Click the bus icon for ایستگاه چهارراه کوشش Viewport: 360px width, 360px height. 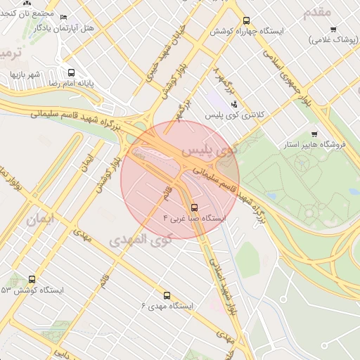pos(245,20)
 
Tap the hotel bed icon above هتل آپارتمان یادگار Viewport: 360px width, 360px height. pos(64,18)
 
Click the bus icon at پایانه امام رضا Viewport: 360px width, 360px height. pos(71,72)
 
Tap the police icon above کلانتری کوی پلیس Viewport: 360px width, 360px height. pos(234,105)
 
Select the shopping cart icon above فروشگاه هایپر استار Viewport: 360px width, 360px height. pos(314,134)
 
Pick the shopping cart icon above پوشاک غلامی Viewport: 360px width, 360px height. pos(333,30)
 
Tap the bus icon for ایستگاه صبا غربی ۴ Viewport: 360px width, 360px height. pos(194,207)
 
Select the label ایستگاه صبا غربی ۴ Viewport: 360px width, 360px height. pos(194,219)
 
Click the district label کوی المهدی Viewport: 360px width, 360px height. pos(141,239)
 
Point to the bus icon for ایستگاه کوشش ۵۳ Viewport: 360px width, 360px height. pos(32,279)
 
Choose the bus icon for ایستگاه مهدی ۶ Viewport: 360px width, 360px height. pos(167,295)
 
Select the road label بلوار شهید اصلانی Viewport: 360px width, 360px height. pos(226,288)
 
